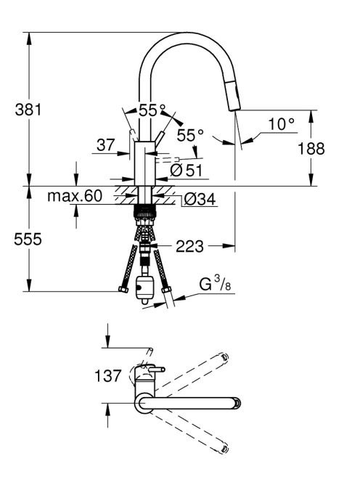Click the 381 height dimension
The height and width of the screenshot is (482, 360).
28,110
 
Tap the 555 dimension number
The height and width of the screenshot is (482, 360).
28,239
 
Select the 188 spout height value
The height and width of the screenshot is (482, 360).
311,149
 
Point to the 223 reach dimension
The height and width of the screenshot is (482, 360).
189,246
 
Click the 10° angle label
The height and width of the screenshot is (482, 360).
281,124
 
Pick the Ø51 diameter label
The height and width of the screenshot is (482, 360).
187,170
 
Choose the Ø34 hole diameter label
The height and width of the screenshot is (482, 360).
200,200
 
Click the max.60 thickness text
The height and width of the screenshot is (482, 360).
75,195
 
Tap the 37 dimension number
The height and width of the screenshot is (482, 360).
105,144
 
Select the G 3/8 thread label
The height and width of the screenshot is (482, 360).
215,283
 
